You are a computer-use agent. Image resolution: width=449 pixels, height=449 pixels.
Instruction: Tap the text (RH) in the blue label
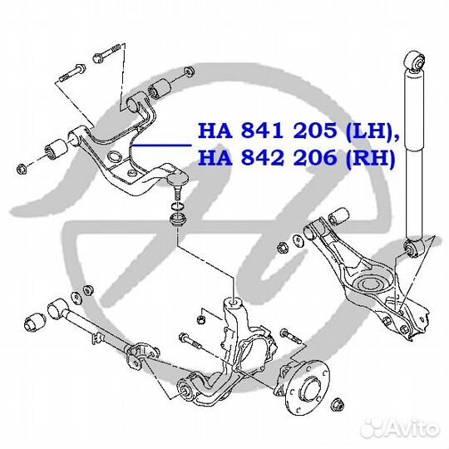(x=370, y=158)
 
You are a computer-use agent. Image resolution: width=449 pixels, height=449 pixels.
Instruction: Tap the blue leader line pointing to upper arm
(x=162, y=146)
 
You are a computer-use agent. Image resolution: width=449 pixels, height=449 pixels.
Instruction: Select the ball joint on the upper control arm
(x=178, y=183)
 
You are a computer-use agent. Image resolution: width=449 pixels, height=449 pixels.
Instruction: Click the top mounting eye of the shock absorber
(x=416, y=61)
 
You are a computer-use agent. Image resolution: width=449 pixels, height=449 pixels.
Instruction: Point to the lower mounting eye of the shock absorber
(x=414, y=249)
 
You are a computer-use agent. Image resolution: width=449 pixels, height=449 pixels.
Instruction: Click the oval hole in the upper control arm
(x=114, y=156)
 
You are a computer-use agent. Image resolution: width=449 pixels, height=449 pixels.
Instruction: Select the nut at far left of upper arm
(x=22, y=168)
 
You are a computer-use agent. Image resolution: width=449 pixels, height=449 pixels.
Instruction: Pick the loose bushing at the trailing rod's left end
(x=35, y=323)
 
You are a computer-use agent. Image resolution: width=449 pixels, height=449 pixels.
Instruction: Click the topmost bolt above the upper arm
(x=106, y=53)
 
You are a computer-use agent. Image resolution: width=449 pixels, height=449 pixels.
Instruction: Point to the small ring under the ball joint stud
(x=178, y=206)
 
